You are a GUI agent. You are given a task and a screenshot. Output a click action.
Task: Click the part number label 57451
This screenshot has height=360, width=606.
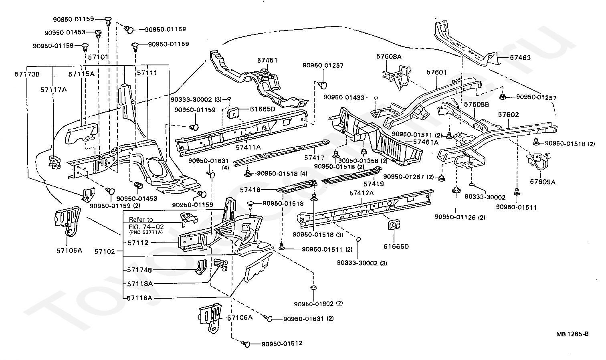point(267,60)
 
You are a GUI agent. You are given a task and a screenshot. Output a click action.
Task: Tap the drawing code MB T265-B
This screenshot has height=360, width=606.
point(572,334)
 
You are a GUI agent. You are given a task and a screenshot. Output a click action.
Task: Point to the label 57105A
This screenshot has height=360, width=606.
point(69,251)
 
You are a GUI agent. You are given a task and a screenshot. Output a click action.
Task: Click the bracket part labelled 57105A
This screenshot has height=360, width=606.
point(67,221)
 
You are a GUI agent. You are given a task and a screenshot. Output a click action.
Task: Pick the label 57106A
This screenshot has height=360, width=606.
point(240,318)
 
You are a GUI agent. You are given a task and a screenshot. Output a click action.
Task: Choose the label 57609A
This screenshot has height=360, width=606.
point(543,182)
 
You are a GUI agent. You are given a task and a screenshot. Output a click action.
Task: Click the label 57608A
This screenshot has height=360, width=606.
point(389,57)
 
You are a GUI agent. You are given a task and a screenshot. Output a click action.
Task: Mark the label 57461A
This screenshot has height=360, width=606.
point(425,142)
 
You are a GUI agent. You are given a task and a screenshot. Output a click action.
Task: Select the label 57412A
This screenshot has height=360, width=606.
point(362,193)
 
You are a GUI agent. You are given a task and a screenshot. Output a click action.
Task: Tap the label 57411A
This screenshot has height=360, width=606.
point(248,147)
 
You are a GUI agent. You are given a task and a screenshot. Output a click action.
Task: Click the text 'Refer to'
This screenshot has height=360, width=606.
point(141,219)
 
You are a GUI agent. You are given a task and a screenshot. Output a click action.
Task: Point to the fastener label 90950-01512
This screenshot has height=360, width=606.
point(282,344)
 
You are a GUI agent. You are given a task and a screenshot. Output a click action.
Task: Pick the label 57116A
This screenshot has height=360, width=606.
point(140,298)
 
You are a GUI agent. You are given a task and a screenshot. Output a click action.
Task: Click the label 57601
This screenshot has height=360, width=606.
point(436,72)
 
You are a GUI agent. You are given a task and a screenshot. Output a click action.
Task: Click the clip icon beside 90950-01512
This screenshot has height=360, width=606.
point(246,344)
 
